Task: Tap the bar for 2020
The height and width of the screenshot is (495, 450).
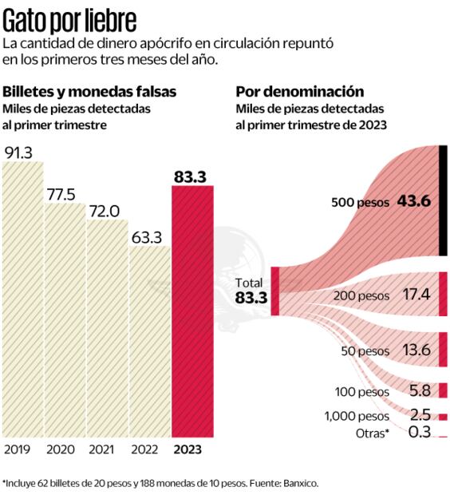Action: click(x=65, y=319)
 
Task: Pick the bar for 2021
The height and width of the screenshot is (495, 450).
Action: click(x=107, y=327)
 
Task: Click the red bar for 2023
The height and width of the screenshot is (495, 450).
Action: click(x=192, y=311)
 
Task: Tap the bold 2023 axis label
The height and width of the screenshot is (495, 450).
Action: click(x=188, y=449)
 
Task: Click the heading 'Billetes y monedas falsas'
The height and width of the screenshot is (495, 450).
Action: click(x=89, y=92)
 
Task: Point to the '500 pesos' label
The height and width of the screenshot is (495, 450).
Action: click(x=360, y=203)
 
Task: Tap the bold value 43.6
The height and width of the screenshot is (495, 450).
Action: click(x=413, y=202)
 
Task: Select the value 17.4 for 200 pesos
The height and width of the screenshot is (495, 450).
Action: click(x=416, y=295)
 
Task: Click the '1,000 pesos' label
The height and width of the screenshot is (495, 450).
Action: click(x=357, y=416)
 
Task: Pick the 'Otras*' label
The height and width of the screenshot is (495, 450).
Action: click(x=371, y=433)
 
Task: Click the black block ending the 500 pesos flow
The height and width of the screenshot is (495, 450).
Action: click(x=443, y=201)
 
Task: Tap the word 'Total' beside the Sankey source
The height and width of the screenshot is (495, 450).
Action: click(x=250, y=283)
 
